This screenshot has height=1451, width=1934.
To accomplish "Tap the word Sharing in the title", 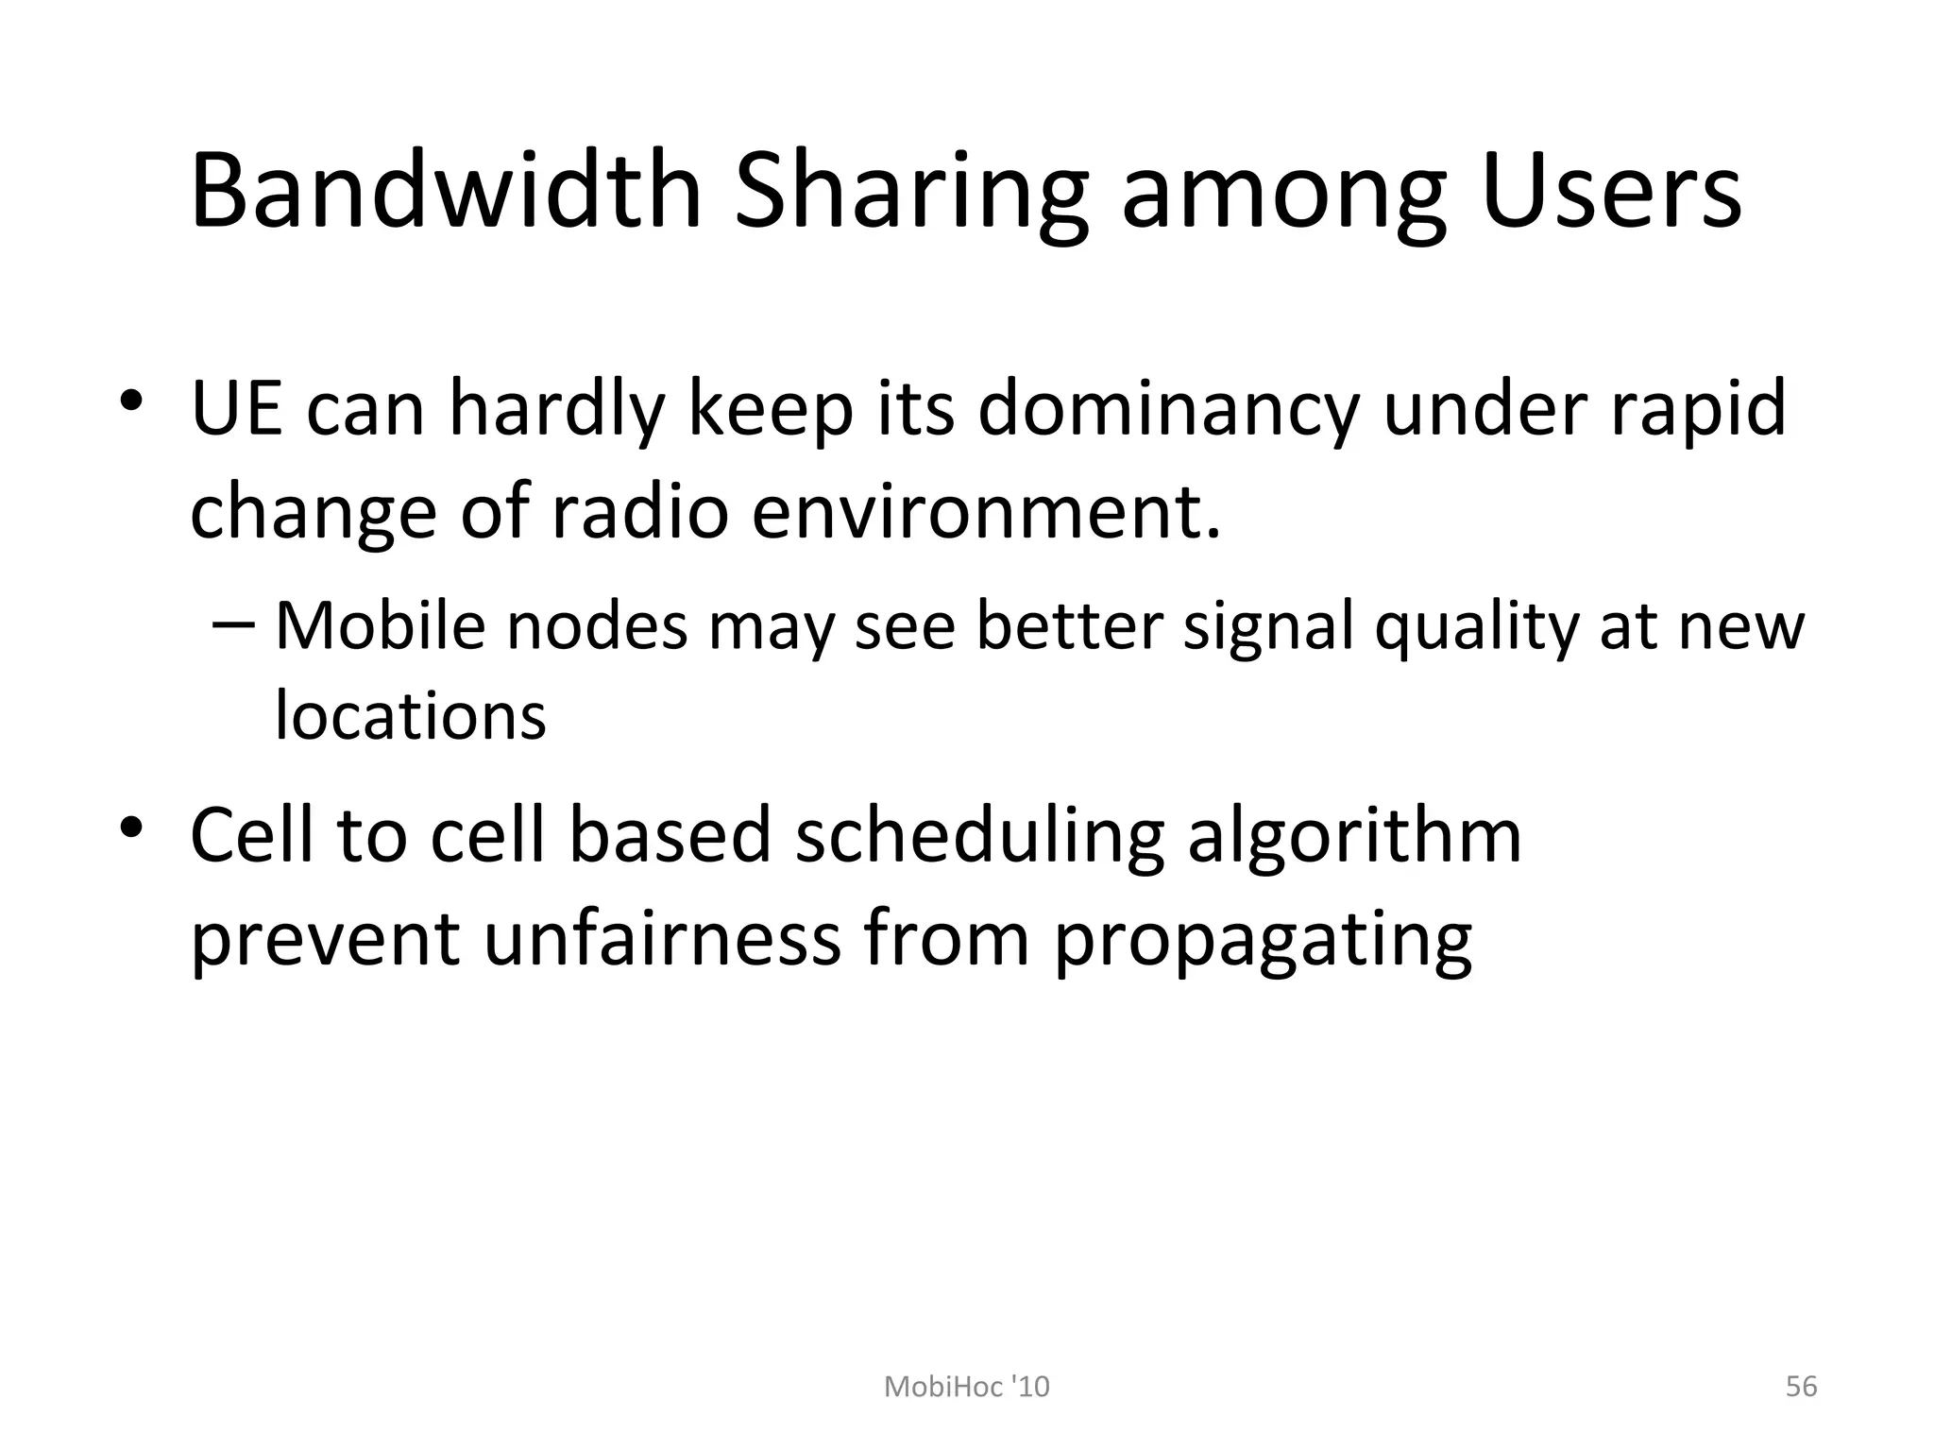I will [x=912, y=194].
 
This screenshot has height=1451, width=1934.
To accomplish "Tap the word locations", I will [x=410, y=715].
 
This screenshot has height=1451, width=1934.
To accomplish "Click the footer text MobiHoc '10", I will [x=966, y=1386].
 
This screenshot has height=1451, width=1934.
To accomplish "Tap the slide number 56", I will [x=1801, y=1386].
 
